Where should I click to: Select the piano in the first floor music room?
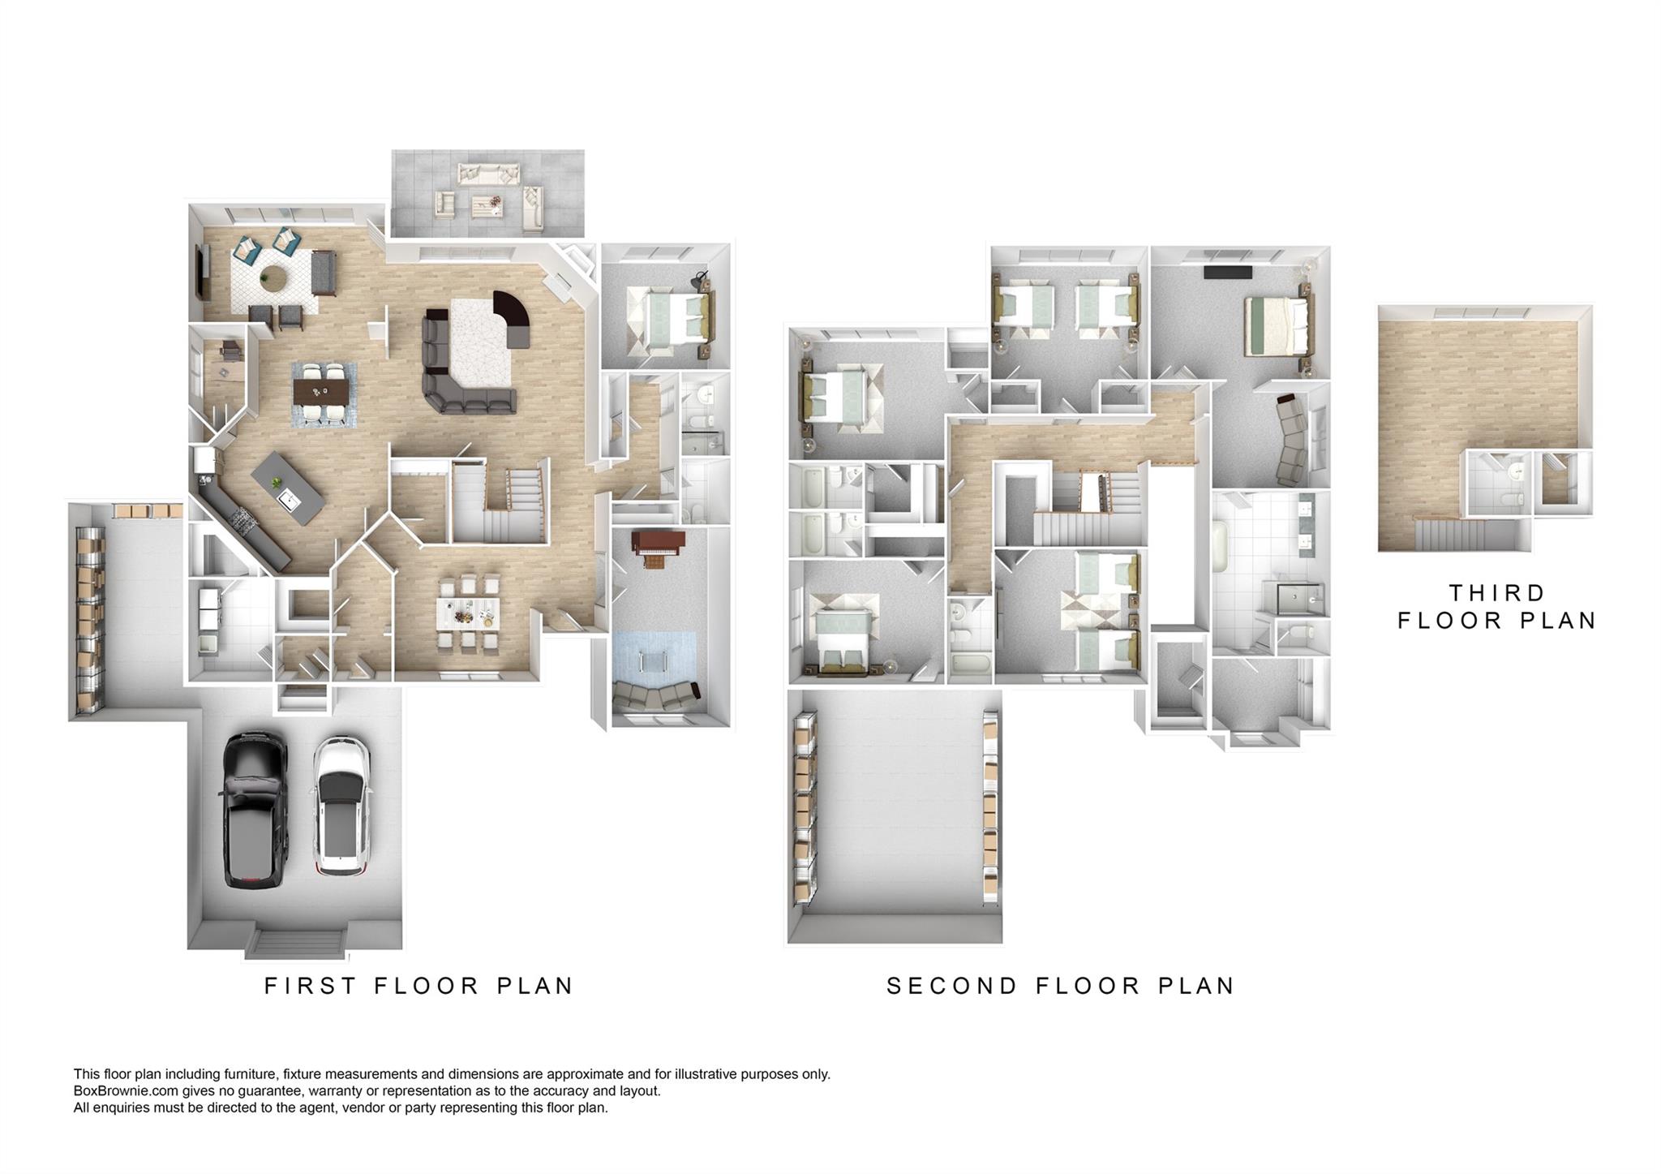pos(659,548)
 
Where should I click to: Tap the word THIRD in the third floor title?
pos(1496,593)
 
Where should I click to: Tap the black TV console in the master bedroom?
pos(1228,273)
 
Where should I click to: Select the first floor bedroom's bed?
pos(673,316)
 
